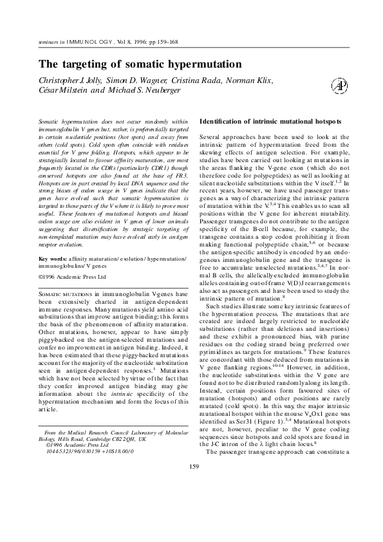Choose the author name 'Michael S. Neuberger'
point(141,90)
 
